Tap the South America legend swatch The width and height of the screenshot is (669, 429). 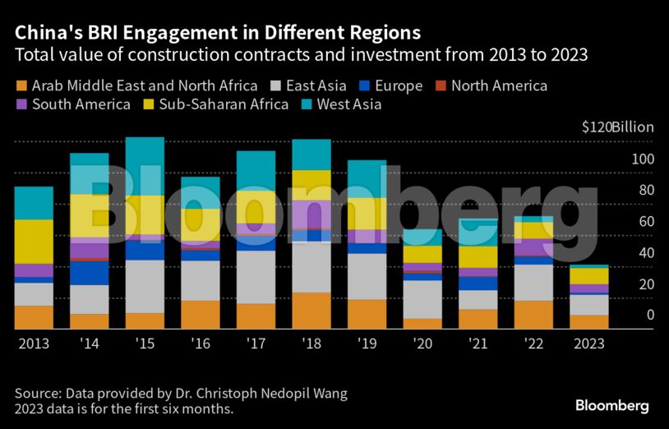pyautogui.click(x=21, y=104)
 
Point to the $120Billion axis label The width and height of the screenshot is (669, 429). pyautogui.click(x=617, y=127)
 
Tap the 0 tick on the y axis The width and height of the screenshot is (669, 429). pyautogui.click(x=650, y=315)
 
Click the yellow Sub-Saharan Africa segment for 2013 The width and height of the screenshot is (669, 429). pyautogui.click(x=34, y=242)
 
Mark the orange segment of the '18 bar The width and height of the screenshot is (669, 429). pyautogui.click(x=311, y=311)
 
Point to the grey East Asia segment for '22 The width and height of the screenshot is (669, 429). pyautogui.click(x=533, y=282)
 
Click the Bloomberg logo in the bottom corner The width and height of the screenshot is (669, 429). pyautogui.click(x=611, y=406)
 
